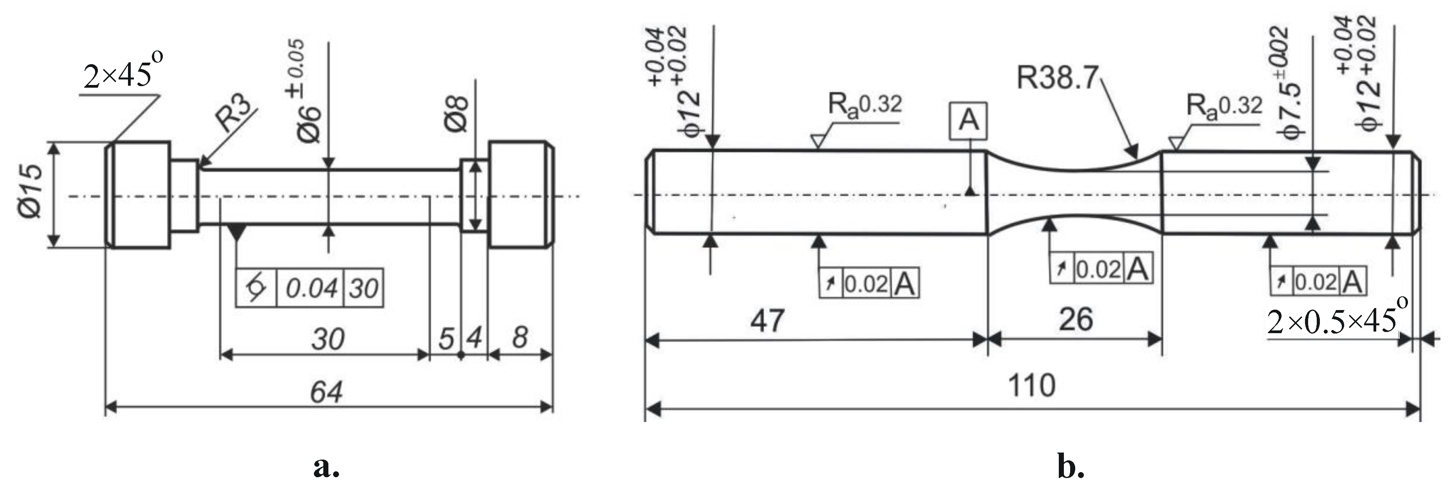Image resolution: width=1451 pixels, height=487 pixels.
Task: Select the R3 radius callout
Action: click(x=235, y=114)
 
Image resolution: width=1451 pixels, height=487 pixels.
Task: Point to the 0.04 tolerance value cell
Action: click(x=311, y=289)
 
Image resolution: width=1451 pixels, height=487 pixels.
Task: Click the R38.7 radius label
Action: click(x=1057, y=77)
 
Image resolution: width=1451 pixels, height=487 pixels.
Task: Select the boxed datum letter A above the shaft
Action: click(x=968, y=120)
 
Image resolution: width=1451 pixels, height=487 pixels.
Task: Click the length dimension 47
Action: click(x=767, y=320)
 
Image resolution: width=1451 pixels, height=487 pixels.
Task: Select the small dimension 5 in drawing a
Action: click(x=446, y=339)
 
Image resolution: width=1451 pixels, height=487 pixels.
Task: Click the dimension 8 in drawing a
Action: click(x=520, y=337)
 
